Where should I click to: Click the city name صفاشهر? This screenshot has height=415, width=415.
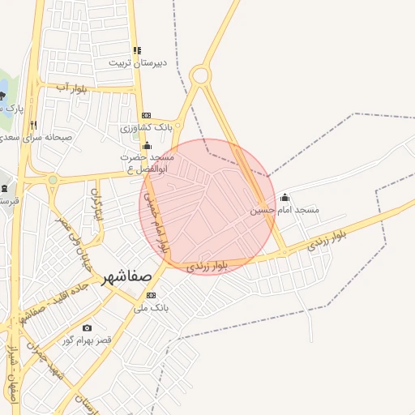pos(127,280)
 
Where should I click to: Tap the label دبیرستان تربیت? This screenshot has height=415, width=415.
pos(139,62)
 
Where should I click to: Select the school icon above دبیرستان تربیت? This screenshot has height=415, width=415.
pos(137,50)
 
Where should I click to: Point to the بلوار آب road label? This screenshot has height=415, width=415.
pos(71,87)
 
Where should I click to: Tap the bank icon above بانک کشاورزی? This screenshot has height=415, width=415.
pos(146,116)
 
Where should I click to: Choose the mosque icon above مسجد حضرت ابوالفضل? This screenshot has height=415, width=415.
pos(147,146)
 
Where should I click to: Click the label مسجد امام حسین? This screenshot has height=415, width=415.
pos(285,210)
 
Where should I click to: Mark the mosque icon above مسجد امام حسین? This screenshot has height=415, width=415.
pos(285,197)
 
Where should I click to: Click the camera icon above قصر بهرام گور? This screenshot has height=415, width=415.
pos(88,328)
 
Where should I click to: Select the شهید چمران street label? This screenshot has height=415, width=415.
pos(45,357)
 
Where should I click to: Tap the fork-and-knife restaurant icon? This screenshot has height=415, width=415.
pos(33,125)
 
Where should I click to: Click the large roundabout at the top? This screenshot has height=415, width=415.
pos(199,76)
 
